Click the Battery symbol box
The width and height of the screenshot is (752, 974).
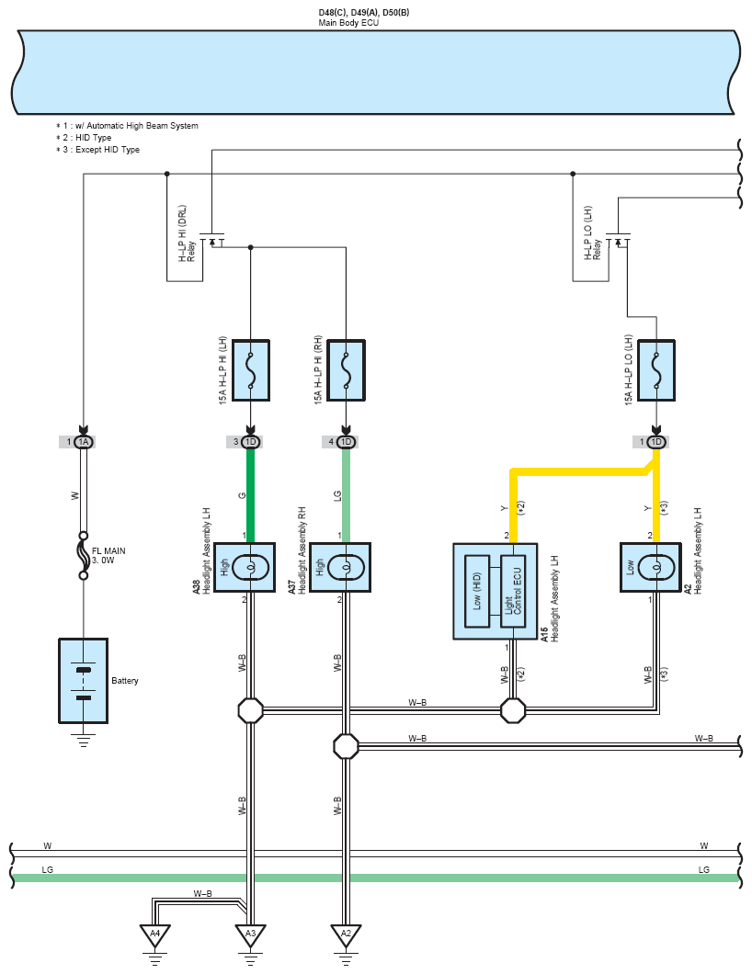pos(84,681)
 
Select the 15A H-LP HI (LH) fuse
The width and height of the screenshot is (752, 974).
pos(251,370)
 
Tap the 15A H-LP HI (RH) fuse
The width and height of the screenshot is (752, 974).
pos(347,370)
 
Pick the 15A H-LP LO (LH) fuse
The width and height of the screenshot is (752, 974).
pos(656,370)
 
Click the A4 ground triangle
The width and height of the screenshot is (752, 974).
pos(154,934)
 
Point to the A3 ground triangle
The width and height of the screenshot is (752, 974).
pos(250,934)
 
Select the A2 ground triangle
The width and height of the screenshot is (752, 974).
pos(347,934)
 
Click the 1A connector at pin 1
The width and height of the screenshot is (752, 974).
pos(84,442)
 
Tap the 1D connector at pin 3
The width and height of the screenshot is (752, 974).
pos(250,442)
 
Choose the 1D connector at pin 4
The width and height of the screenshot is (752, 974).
pos(347,442)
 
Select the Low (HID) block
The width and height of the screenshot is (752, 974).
pos(477,592)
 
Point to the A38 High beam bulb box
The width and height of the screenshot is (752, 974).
pos(245,568)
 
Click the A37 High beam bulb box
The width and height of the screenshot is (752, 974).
pos(340,568)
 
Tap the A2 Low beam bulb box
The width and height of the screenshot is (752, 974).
pos(651,568)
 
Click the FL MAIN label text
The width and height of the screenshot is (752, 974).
pos(108,551)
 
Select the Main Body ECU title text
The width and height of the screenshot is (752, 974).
pos(348,23)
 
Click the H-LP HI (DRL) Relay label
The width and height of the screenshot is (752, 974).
pos(187,234)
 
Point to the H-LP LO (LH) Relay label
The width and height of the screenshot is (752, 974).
pos(592,233)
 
